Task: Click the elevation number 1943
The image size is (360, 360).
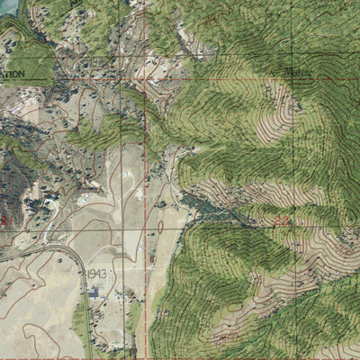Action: click(97, 273)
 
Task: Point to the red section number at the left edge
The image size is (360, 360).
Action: click(7, 220)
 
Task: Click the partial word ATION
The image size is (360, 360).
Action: click(13, 74)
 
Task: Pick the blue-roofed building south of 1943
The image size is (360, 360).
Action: click(93, 292)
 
